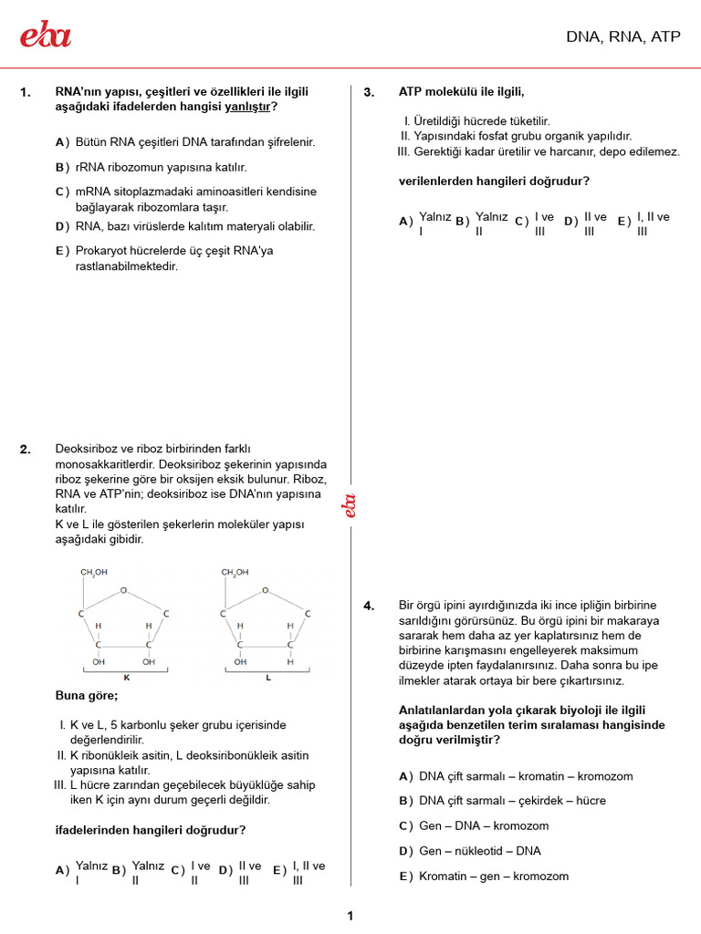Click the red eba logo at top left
(x=46, y=36)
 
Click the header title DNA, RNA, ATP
(x=623, y=37)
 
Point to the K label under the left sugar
(x=127, y=678)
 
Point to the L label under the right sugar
(x=268, y=678)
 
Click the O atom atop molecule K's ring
(x=124, y=590)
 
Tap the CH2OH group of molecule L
(x=235, y=573)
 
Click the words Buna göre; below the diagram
(x=87, y=696)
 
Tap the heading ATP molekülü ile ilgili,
(x=461, y=92)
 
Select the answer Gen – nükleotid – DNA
(x=479, y=851)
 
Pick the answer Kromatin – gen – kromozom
(x=493, y=877)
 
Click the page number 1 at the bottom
(x=350, y=916)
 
